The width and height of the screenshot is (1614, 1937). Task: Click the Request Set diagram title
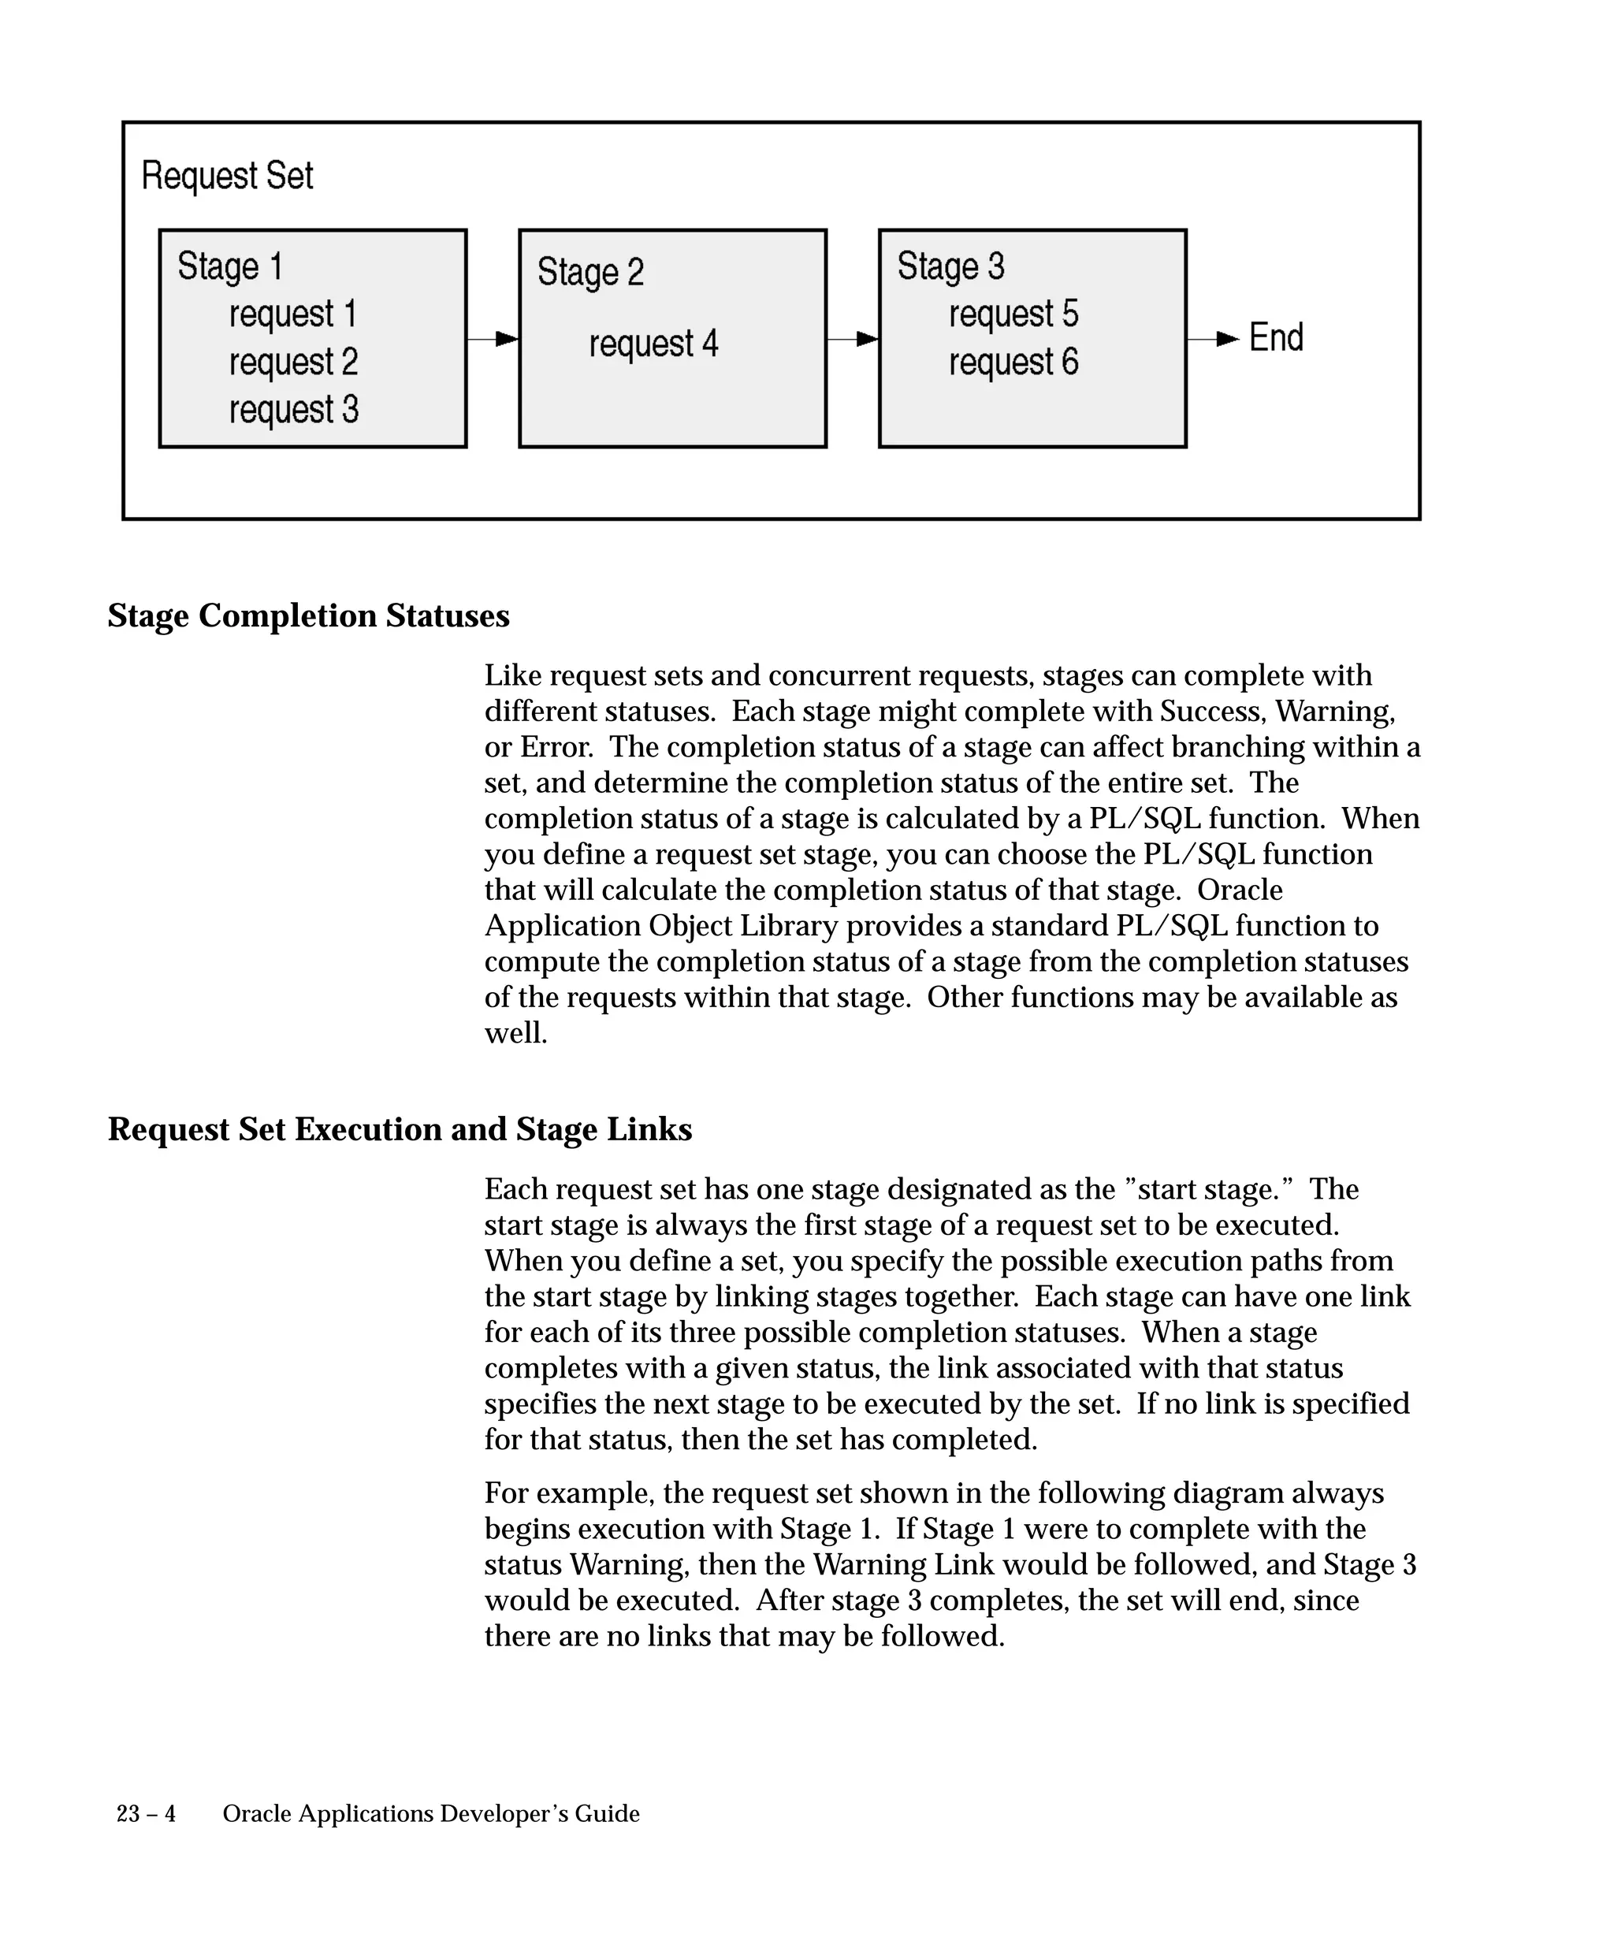pos(227,175)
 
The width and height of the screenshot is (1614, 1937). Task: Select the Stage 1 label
pos(229,266)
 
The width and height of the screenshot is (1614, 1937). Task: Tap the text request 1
pos(292,314)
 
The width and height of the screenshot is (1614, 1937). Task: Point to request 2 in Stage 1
pos(293,362)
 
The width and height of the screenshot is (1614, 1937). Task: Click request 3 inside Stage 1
pos(293,410)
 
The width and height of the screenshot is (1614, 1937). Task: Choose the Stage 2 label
pos(590,272)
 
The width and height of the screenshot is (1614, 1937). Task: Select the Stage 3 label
pos(950,266)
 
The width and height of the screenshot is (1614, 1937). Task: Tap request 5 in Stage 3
pos(1013,314)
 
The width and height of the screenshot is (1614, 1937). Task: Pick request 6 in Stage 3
pos(1013,362)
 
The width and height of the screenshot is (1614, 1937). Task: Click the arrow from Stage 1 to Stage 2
pos(493,340)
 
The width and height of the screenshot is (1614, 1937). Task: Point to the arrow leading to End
pos(1213,340)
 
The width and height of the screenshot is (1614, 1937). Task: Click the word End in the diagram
pos(1276,337)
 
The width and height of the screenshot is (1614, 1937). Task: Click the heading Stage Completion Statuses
pos(308,616)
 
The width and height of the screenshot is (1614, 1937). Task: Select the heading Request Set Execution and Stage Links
pos(400,1130)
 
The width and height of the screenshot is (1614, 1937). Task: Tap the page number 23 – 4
pos(146,1814)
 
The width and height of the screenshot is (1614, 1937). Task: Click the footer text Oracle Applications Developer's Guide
pos(431,1814)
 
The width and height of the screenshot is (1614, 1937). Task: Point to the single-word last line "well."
pos(515,1033)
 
